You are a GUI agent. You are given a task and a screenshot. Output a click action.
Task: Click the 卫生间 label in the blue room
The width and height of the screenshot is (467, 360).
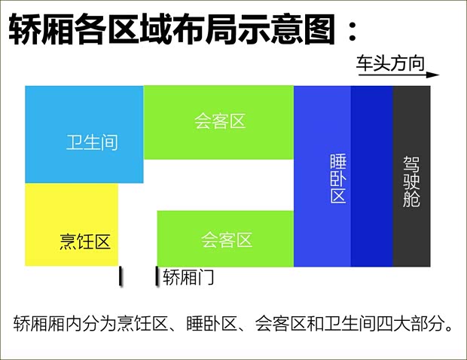click(92, 142)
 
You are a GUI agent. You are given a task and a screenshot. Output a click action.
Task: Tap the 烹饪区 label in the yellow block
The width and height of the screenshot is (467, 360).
click(85, 242)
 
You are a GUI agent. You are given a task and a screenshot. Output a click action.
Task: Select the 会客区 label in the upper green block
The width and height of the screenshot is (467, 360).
click(220, 121)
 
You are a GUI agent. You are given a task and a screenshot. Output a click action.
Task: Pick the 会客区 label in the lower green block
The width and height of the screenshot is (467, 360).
click(227, 240)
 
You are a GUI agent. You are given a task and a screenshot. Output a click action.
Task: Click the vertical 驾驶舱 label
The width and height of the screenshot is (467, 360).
click(411, 182)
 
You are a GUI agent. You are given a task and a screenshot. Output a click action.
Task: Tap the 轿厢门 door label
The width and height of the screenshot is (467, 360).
click(188, 277)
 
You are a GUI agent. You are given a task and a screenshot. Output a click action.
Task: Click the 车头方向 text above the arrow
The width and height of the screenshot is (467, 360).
click(390, 63)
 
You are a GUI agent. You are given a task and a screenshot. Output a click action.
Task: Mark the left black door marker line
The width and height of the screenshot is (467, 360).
click(121, 276)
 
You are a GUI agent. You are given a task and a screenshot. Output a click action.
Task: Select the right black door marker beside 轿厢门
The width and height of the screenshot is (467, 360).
click(157, 276)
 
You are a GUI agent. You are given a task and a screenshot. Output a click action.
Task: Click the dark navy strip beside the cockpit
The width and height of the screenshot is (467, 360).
click(372, 175)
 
